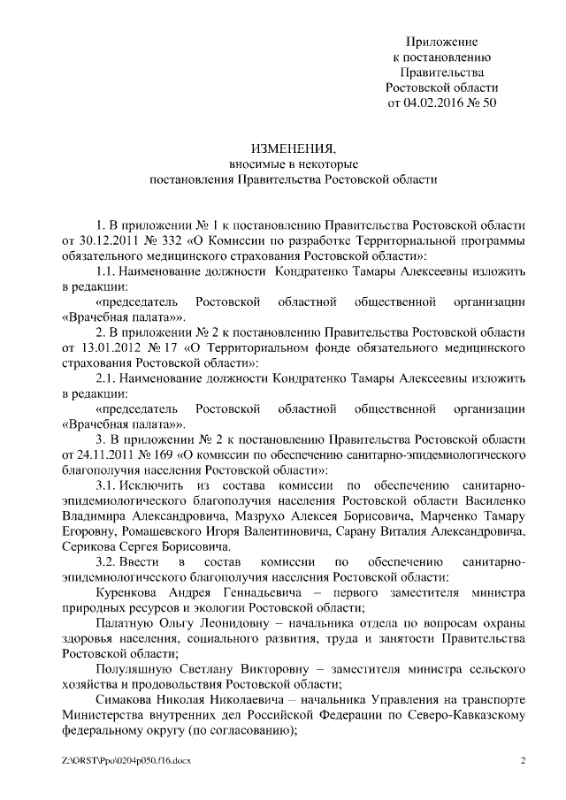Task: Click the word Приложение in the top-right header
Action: point(442,42)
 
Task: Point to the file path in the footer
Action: point(127,761)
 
